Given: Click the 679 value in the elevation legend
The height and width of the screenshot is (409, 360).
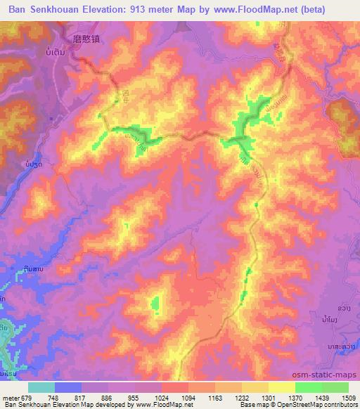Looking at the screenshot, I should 28,396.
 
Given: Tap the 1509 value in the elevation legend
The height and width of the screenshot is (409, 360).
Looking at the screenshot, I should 349,396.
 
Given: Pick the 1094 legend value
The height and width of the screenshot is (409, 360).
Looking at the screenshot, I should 188,396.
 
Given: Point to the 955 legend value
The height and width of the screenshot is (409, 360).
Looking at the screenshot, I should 135,396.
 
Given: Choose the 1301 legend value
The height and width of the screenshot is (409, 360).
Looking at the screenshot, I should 269,396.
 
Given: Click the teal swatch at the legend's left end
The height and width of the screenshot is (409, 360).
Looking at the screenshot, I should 41,387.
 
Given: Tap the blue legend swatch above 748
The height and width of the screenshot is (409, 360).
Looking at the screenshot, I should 68,387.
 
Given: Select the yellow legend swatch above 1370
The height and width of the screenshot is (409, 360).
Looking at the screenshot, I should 282,387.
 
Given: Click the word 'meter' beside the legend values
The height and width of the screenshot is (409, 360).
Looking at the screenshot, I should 11,396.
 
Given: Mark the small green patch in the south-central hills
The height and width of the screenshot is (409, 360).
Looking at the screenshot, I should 155,304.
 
